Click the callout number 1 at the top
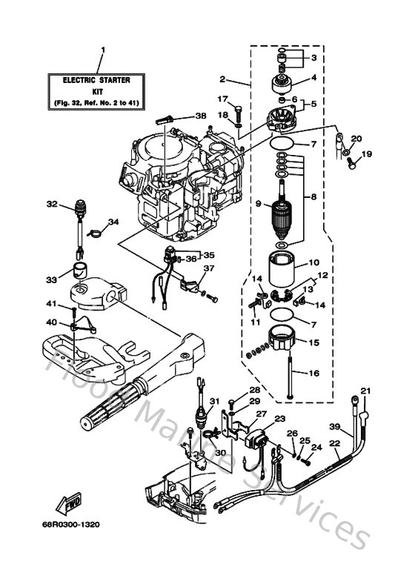point(103,50)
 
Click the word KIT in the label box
point(103,89)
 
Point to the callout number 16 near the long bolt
point(313,374)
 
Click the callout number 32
point(51,204)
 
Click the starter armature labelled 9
point(283,211)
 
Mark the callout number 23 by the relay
point(279,419)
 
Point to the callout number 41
point(52,304)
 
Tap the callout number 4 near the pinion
point(313,77)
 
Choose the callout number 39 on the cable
point(334,426)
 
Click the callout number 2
point(222,79)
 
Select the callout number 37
point(208,268)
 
